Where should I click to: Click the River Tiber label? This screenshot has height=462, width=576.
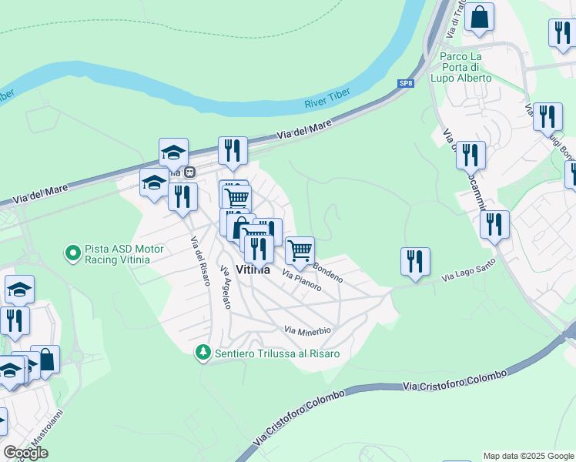point(327,98)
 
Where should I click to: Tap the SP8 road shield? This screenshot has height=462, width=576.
point(405,83)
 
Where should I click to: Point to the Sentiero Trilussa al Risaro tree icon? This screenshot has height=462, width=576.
point(203,353)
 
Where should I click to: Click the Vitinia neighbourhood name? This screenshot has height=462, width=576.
point(253,270)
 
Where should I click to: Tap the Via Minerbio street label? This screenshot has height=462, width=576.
point(307,330)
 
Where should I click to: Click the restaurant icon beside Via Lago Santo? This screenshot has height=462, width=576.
point(415,262)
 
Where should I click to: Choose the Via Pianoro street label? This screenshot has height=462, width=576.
point(301,280)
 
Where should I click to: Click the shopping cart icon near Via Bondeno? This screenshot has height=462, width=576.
point(300,249)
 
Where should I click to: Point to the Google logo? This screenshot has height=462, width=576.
point(25,453)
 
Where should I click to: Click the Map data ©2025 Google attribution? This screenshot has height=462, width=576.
point(528,456)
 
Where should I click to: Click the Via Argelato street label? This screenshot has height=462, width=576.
point(225,288)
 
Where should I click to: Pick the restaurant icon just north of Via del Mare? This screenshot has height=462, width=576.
point(233,150)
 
